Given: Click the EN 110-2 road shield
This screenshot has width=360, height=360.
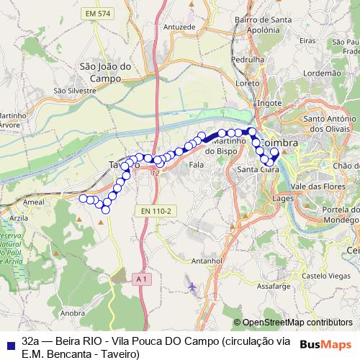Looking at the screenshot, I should (155, 210).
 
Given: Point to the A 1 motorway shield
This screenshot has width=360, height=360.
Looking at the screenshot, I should (141, 278).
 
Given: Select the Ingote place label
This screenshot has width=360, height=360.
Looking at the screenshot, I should (269, 103).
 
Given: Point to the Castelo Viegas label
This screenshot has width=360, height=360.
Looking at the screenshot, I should (325, 275).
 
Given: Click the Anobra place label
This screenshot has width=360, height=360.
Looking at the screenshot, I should (73, 313).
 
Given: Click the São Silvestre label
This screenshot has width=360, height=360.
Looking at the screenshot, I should (75, 91).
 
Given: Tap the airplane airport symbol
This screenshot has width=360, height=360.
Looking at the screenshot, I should (192, 287).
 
